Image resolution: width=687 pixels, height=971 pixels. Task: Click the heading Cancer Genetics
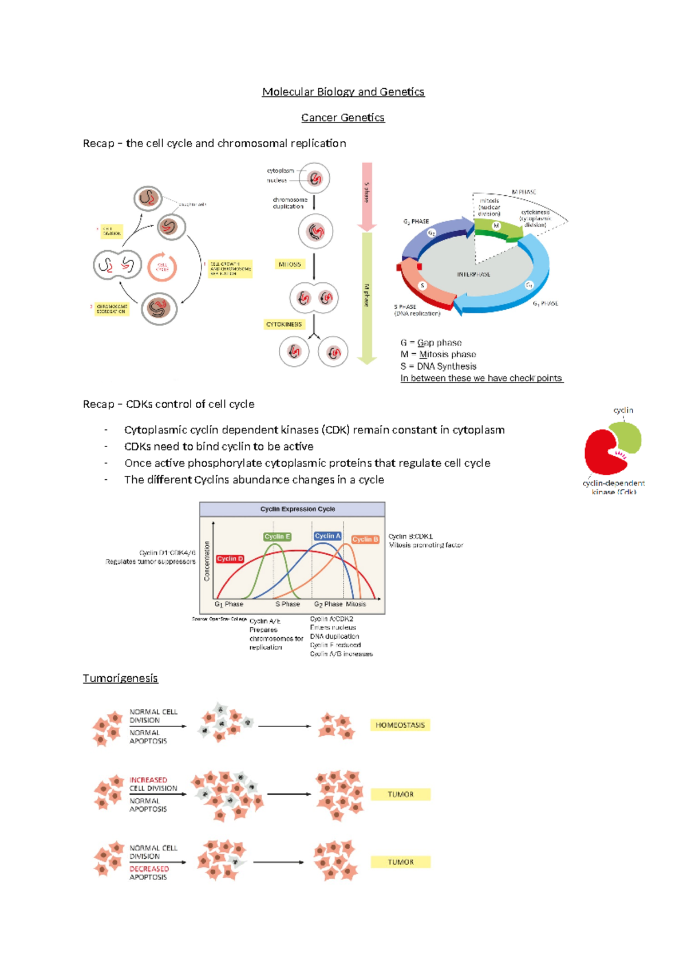click(x=343, y=117)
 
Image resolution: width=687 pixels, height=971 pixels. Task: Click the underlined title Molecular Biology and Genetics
click(x=343, y=92)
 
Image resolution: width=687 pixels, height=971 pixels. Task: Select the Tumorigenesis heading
click(x=120, y=678)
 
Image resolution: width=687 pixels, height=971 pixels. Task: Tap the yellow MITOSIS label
click(x=290, y=264)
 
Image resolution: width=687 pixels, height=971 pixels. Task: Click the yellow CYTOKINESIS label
click(x=284, y=324)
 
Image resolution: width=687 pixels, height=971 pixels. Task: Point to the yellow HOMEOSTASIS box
click(x=400, y=725)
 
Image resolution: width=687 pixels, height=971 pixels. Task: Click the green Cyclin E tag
click(x=277, y=536)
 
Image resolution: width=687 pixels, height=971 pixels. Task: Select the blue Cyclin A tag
click(x=327, y=536)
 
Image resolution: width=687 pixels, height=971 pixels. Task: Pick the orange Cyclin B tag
click(x=365, y=539)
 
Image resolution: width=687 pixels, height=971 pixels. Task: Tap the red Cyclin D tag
click(x=230, y=558)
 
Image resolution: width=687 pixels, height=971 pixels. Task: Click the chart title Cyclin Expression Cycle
click(x=298, y=509)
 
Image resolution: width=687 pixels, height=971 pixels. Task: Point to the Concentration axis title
click(x=207, y=561)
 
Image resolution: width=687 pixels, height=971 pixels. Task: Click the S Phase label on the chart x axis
click(x=287, y=604)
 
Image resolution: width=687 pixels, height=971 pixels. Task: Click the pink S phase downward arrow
click(x=367, y=195)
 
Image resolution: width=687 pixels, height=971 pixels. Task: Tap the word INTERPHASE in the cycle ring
click(x=473, y=274)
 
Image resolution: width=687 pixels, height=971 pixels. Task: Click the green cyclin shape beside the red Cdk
click(x=626, y=439)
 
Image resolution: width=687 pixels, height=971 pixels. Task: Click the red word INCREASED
click(x=148, y=780)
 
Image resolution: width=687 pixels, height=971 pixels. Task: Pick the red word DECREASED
click(x=149, y=869)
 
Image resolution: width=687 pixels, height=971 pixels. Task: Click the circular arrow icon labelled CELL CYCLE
click(x=162, y=267)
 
